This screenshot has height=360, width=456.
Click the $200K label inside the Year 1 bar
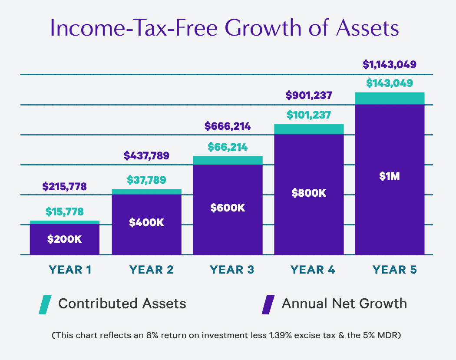64,239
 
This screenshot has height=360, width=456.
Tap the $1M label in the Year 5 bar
390,176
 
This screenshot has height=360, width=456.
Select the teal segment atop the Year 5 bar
390,99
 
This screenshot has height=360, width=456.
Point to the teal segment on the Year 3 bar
228,160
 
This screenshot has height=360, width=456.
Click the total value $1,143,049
390,65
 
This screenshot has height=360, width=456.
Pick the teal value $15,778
64,212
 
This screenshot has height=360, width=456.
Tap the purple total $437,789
146,155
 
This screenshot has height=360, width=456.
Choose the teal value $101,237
309,115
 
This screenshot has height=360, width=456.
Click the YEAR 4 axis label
313,270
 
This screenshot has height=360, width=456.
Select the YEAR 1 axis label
70,270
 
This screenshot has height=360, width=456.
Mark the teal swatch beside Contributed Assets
45,304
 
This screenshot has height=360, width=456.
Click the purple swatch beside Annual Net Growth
268,304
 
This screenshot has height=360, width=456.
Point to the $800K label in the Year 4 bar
309,192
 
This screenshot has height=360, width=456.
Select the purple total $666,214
228,127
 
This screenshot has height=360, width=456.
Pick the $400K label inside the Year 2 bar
146,222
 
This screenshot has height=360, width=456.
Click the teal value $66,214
228,147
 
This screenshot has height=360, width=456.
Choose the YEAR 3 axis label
232,270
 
